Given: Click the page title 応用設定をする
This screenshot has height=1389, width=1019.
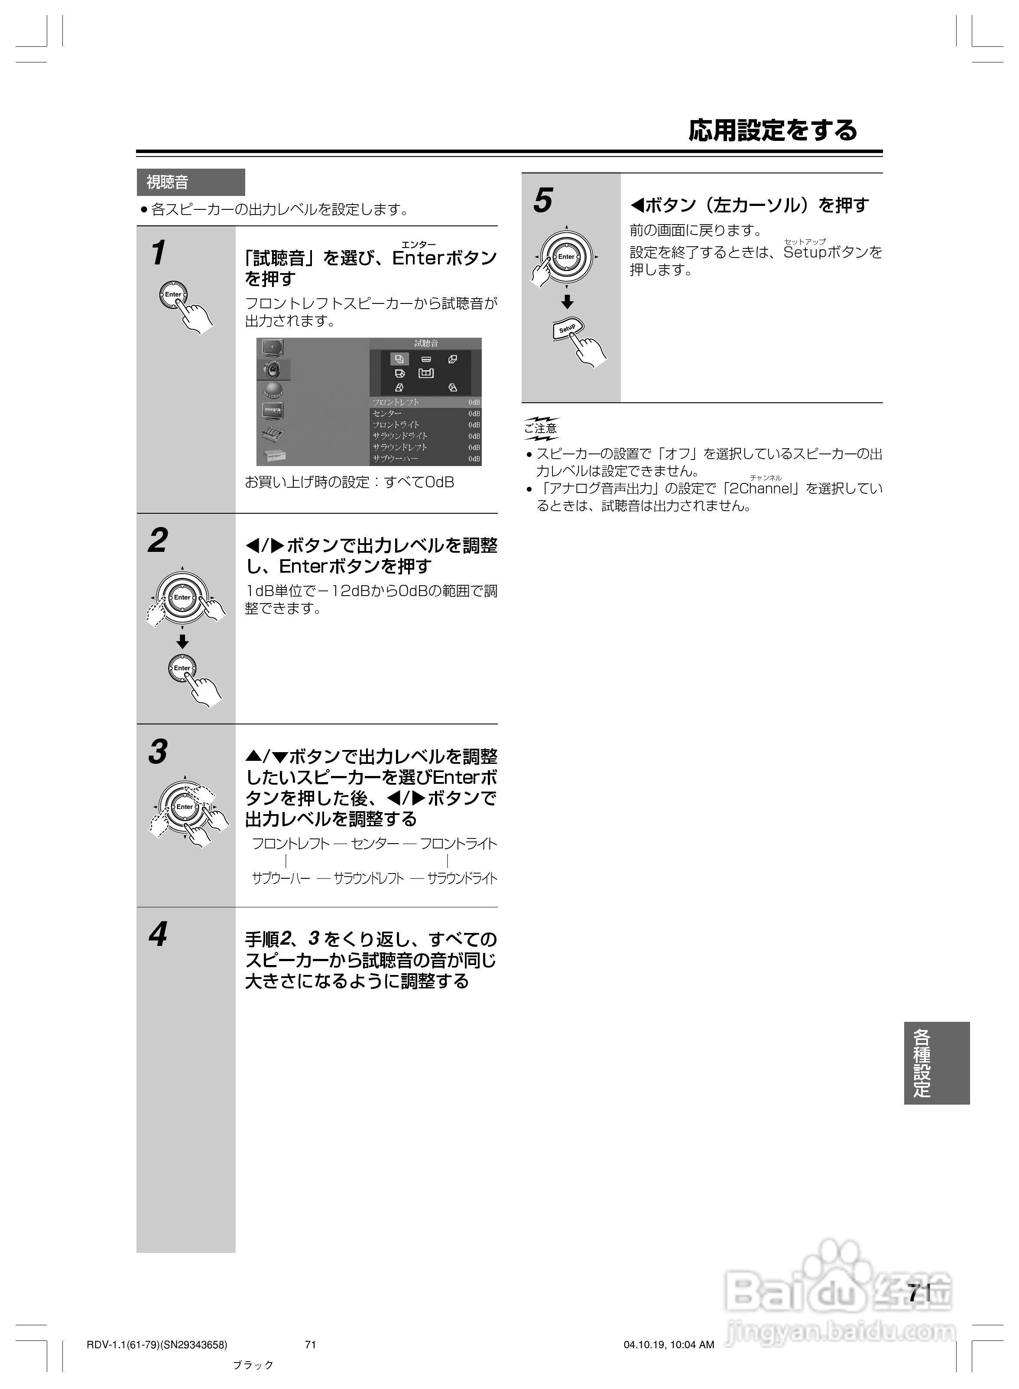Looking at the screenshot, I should point(772,130).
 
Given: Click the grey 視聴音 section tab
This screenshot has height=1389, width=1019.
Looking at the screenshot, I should point(190,182).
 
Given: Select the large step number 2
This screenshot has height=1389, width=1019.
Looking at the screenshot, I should point(158,541).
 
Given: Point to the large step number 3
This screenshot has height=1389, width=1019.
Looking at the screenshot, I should point(158,752).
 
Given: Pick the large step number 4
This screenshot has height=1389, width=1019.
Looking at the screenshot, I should point(158,934).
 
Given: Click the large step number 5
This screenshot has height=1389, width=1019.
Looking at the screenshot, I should point(543,201).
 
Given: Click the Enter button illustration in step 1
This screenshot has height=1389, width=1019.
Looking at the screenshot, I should point(173,294).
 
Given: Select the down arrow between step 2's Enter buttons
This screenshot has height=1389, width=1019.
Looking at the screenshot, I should point(182,642).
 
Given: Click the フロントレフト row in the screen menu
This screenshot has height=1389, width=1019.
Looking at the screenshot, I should point(425,402).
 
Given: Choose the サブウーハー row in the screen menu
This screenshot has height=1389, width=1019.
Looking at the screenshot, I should point(425,459).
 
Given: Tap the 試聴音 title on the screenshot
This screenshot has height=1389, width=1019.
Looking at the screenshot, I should point(425,343).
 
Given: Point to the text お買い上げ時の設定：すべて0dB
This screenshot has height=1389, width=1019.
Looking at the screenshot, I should point(349,483).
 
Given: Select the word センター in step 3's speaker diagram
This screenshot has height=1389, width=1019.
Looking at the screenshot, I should point(374,844).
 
